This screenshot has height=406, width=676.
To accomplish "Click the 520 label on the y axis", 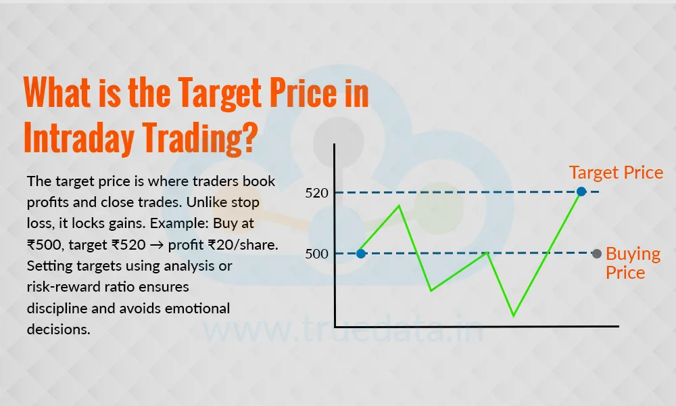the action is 317,193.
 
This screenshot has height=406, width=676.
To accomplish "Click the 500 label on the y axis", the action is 317,254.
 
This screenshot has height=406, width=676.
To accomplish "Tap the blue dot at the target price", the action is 581,191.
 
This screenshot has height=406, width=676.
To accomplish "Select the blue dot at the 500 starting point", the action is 361,254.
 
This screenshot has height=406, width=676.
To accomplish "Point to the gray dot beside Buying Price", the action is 597,254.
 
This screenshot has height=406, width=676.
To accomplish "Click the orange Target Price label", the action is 616,173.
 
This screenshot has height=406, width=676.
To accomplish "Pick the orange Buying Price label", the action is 633,263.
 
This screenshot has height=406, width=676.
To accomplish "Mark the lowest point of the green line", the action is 514,316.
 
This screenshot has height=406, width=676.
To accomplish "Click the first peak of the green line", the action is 400,206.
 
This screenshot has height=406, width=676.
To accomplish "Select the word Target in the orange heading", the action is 220,93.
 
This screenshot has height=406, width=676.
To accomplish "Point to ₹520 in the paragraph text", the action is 128,245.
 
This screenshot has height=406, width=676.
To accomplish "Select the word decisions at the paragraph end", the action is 59,330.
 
